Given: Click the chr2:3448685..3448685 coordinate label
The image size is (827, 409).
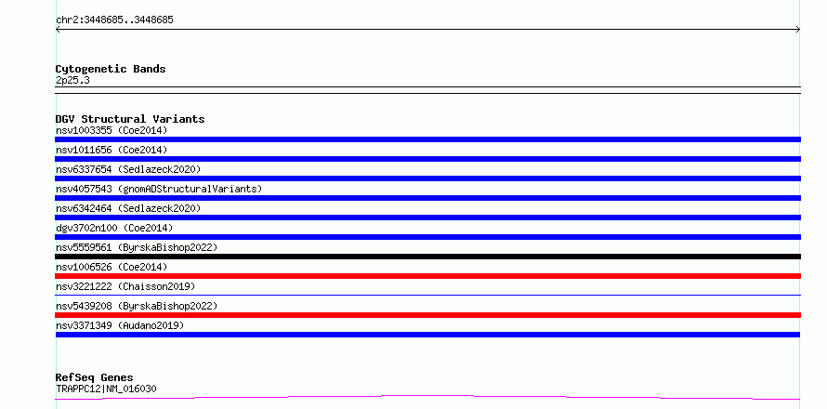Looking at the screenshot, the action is (114, 20).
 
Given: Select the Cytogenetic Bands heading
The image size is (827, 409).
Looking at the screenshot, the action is (111, 69).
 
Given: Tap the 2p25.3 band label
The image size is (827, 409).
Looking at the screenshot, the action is (72, 80).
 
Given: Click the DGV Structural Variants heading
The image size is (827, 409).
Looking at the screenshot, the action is (130, 119).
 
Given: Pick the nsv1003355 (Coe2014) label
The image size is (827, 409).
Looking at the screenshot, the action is (112, 130).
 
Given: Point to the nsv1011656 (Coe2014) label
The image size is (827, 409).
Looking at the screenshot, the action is (112, 150).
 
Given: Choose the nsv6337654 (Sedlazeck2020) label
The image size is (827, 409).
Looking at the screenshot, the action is (128, 169).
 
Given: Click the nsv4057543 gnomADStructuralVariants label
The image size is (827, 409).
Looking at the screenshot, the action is (159, 189).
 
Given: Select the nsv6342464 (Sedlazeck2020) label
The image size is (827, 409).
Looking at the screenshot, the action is (128, 208).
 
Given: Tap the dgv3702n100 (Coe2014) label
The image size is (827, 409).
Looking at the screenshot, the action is (114, 228).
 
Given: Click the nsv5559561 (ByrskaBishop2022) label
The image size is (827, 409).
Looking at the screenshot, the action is (137, 247).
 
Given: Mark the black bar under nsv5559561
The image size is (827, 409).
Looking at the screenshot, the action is (427, 257).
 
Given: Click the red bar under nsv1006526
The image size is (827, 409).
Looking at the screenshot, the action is (427, 276).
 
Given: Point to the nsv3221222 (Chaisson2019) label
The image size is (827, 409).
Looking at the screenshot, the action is (125, 286).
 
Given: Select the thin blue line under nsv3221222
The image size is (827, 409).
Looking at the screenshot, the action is (427, 295).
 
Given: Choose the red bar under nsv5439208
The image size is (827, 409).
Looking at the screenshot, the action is (427, 315).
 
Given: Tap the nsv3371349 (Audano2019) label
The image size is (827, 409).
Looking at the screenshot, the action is (120, 325).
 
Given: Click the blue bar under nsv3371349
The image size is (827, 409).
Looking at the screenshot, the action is (427, 335).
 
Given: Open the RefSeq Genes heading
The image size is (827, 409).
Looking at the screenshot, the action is (95, 377).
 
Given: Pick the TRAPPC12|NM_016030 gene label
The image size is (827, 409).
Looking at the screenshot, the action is (106, 389).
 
